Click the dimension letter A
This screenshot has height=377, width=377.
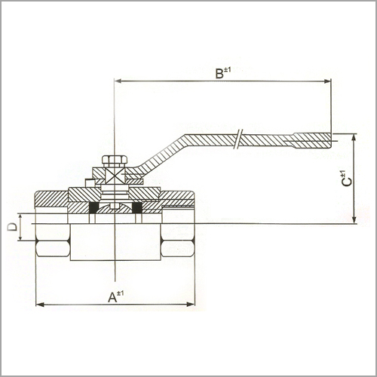112,298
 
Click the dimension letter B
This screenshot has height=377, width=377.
219,74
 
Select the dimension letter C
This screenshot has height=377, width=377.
347,182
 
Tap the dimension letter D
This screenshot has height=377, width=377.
12,227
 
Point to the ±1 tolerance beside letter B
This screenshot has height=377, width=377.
227,69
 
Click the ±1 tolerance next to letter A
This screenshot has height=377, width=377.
121,293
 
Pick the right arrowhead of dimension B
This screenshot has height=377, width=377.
327,81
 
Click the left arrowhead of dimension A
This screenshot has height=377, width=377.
40,305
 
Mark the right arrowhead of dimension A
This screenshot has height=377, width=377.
191,305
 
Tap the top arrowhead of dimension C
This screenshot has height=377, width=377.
354,138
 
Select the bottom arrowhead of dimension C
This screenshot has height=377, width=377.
354,219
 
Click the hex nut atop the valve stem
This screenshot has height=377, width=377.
114,161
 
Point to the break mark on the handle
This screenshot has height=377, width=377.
238,139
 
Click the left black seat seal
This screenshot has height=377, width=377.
93,208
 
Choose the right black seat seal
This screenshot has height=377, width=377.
137,208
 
